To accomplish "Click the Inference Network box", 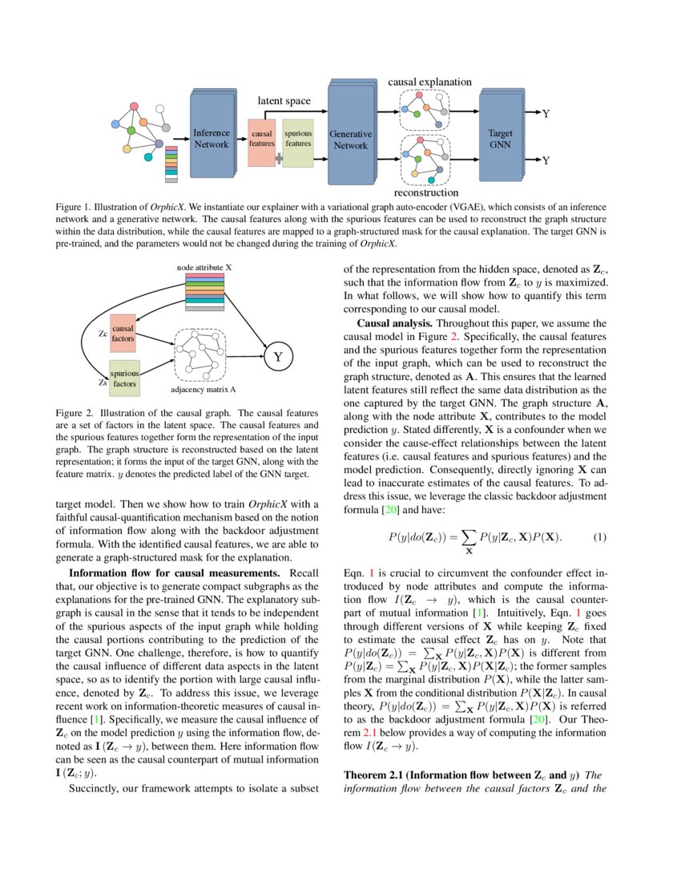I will pyautogui.click(x=212, y=139).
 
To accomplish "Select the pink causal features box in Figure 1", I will pyautogui.click(x=262, y=139).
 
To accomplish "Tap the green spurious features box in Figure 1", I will pyautogui.click(x=298, y=139).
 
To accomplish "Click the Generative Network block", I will pyautogui.click(x=350, y=140).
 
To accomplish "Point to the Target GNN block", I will pyautogui.click(x=501, y=139).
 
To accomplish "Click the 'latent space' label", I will pyautogui.click(x=284, y=101).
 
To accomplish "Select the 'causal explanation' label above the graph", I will pyautogui.click(x=429, y=82).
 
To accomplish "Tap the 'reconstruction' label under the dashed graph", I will pyautogui.click(x=425, y=192).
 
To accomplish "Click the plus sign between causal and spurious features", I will pyautogui.click(x=279, y=158).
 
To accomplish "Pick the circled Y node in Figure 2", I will pyautogui.click(x=277, y=358).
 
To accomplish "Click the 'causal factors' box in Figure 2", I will pyautogui.click(x=123, y=334).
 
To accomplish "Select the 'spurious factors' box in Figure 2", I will pyautogui.click(x=124, y=378).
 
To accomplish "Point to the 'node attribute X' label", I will pyautogui.click(x=203, y=266).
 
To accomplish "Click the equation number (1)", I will pyautogui.click(x=599, y=536).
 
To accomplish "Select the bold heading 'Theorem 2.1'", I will pyautogui.click(x=373, y=775).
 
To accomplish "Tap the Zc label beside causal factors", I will pyautogui.click(x=103, y=333).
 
